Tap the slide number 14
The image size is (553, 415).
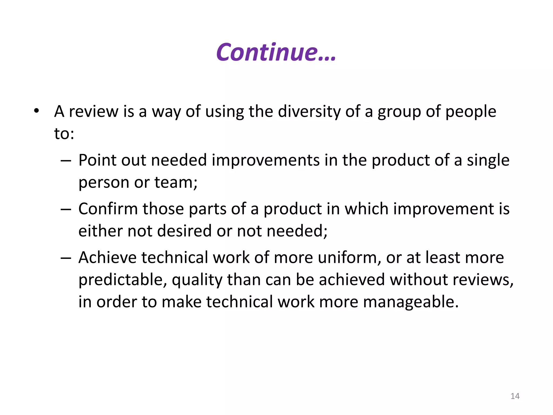(x=515, y=396)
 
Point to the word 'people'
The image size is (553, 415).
(x=470, y=112)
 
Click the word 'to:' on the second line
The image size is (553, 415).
(x=64, y=133)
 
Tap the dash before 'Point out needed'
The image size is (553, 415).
(x=66, y=161)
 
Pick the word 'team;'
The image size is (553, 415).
(x=176, y=182)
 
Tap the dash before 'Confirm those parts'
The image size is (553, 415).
(x=66, y=210)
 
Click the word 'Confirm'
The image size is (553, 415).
(x=108, y=209)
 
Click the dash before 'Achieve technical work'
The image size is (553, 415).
(x=66, y=258)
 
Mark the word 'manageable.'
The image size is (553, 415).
(x=411, y=302)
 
